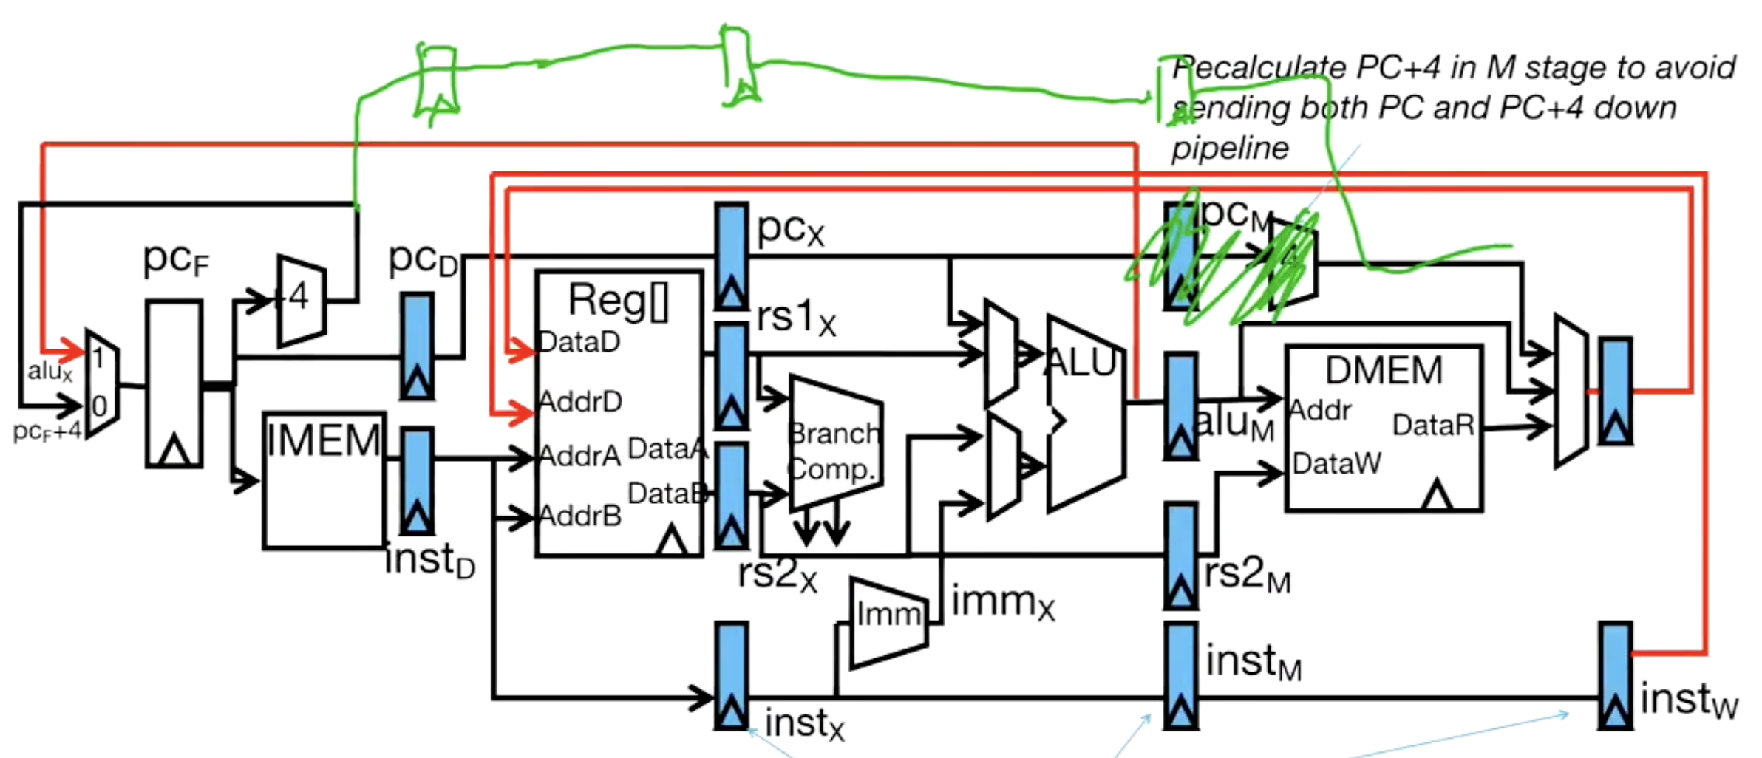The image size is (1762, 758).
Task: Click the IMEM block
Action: [x=324, y=480]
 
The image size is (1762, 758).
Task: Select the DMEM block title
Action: [x=1383, y=370]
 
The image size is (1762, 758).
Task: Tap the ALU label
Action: [x=1081, y=363]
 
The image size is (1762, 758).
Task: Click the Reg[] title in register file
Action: [x=618, y=301]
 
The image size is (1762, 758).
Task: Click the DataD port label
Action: [x=579, y=342]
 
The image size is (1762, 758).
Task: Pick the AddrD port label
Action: [x=581, y=402]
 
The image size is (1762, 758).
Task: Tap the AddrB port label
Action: [x=581, y=516]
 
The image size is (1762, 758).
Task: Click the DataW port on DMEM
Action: [x=1336, y=464]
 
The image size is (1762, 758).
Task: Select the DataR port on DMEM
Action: [x=1432, y=426]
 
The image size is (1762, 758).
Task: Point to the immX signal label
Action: [x=1002, y=602]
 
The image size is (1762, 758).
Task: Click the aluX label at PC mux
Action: [x=50, y=372]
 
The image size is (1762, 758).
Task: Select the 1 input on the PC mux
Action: [x=98, y=359]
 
